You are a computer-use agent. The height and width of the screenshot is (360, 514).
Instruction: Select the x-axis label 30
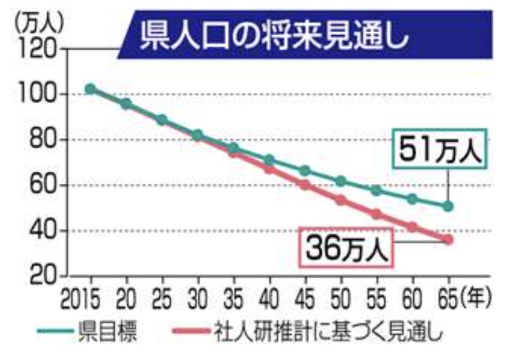click(198, 296)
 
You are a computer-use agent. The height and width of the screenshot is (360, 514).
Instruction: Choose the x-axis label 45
click(305, 296)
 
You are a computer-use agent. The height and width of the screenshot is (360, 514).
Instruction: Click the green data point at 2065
click(448, 206)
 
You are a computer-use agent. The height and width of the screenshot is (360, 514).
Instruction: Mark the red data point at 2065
click(448, 239)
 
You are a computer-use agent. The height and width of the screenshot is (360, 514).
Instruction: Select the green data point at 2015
click(91, 89)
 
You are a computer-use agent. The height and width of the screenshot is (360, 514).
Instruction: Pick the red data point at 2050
click(341, 201)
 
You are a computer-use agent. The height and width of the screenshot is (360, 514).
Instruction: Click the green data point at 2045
click(305, 171)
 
